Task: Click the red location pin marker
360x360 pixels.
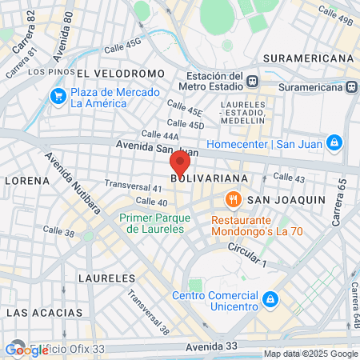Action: pyautogui.click(x=179, y=165)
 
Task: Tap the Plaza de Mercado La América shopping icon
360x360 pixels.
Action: pyautogui.click(x=58, y=97)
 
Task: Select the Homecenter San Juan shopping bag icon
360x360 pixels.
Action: pyautogui.click(x=334, y=143)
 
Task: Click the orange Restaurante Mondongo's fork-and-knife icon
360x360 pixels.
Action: pyautogui.click(x=234, y=198)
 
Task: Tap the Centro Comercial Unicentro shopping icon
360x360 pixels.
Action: pyautogui.click(x=271, y=299)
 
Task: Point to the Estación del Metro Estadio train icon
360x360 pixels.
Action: pyautogui.click(x=253, y=81)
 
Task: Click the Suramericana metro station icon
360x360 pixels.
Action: pyautogui.click(x=351, y=86)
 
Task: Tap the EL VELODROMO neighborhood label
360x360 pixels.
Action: pyautogui.click(x=122, y=73)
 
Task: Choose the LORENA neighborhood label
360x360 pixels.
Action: pyautogui.click(x=26, y=180)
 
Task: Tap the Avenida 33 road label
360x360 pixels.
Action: pyautogui.click(x=211, y=346)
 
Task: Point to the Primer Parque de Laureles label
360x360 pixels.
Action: pyautogui.click(x=152, y=222)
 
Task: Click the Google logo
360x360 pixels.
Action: pyautogui.click(x=26, y=350)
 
